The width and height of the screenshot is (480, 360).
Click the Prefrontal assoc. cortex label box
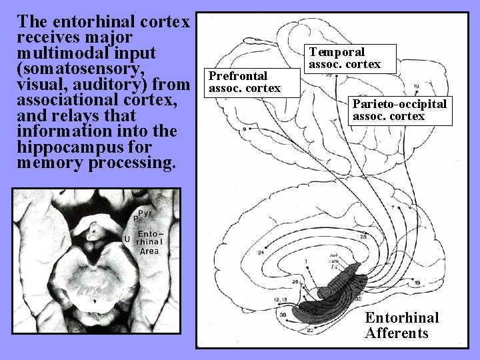click(x=245, y=82)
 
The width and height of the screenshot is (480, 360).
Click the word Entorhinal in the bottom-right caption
click(x=401, y=317)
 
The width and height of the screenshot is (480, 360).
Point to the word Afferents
click(x=397, y=333)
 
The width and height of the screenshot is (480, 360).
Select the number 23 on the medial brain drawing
click(x=363, y=237)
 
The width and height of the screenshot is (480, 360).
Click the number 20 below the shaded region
click(x=309, y=330)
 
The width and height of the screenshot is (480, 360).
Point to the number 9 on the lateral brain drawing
click(x=245, y=129)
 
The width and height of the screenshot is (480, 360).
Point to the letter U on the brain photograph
click(x=127, y=239)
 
